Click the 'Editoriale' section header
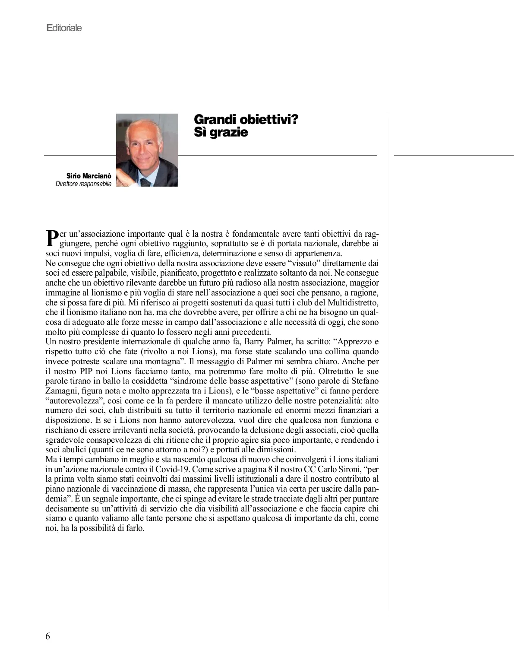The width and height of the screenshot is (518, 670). pos(64,28)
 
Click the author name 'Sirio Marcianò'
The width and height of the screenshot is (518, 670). pos(88,176)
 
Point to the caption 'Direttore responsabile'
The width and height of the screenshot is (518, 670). pos(83,184)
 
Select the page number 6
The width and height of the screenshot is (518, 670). pos(47,636)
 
